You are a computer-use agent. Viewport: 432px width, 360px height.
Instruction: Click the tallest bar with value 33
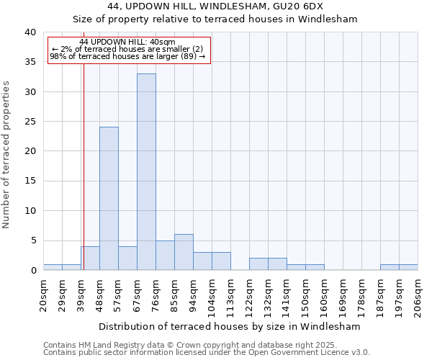point(146,171)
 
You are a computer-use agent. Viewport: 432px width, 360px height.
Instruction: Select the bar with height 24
point(109,198)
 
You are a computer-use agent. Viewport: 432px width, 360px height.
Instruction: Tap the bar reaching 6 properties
point(184,252)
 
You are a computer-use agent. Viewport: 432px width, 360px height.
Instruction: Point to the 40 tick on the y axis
point(30,32)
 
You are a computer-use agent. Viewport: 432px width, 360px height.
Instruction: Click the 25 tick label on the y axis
point(30,122)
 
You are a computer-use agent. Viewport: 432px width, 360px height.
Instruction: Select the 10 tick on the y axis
point(30,211)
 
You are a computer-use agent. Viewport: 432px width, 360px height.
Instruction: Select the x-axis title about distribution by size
point(230,326)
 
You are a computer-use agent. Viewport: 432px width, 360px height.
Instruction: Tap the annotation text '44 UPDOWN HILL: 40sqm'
point(127,42)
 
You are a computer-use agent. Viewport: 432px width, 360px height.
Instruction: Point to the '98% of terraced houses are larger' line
point(127,56)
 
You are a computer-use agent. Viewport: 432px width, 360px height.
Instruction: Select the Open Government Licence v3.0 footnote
point(207,353)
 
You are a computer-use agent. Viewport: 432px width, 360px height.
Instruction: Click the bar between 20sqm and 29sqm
point(53,267)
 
